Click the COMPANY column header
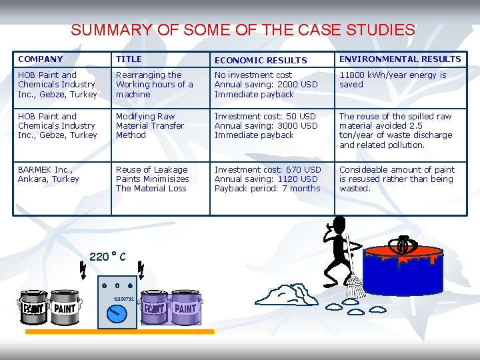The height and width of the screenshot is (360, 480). (40, 59)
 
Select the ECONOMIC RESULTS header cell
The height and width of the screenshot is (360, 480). (260, 60)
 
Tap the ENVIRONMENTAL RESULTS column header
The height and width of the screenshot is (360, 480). (399, 59)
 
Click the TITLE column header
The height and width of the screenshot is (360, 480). (129, 59)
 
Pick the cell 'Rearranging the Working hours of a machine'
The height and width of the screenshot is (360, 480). (154, 85)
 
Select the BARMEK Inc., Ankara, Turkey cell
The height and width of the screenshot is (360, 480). (48, 174)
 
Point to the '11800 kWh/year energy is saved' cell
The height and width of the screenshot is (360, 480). (393, 80)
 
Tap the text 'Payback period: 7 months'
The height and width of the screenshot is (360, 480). (267, 189)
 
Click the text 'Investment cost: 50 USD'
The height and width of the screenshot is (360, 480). (265, 116)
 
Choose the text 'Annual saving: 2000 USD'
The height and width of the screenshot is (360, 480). (265, 85)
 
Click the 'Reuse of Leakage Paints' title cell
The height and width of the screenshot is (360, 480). (152, 179)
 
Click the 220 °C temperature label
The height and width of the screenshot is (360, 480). (107, 257)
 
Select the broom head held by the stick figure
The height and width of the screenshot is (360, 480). (355, 286)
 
